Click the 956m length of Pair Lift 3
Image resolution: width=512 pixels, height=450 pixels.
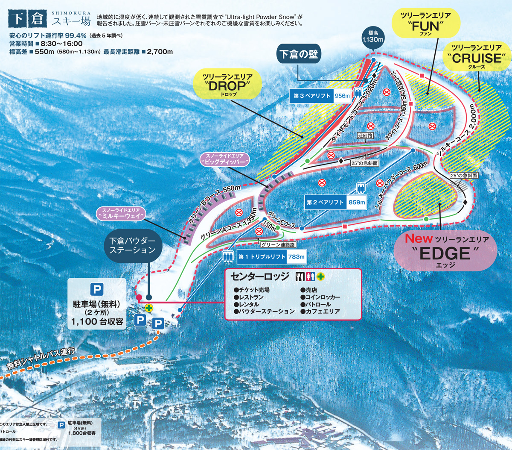point(342,96)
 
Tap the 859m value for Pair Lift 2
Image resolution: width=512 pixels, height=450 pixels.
point(357,202)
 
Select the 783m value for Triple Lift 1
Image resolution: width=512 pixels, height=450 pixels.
point(296,256)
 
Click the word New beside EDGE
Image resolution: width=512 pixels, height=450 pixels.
point(419,238)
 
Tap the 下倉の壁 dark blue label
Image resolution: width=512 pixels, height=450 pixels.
point(299,54)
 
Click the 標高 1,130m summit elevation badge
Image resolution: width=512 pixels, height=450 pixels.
point(373,36)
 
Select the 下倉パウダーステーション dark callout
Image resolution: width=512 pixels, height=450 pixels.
point(132,245)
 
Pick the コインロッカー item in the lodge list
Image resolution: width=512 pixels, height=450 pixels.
point(323,297)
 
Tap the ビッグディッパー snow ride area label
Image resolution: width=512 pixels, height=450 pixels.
point(224,159)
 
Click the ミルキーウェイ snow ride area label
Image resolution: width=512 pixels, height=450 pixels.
point(121,214)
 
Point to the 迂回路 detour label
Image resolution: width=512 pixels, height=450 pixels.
point(365,135)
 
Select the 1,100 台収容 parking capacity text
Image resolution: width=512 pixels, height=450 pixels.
point(97,321)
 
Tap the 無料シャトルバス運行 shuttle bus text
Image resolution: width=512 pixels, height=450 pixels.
point(41,359)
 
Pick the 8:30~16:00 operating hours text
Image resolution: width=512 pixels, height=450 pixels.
point(62,44)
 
